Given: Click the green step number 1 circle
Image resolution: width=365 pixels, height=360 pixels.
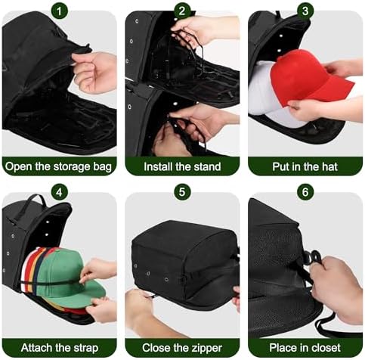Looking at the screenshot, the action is (x=59, y=11).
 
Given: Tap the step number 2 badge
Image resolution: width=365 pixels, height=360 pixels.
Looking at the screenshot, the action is (x=182, y=11).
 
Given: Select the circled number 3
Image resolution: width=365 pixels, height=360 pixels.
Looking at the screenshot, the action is (x=305, y=11).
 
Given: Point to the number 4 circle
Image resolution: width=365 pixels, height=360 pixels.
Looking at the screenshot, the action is (x=59, y=192).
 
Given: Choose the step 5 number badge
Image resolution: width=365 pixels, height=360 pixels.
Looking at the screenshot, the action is (x=182, y=192).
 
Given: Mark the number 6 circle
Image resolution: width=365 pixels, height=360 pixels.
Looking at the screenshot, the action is (x=305, y=192).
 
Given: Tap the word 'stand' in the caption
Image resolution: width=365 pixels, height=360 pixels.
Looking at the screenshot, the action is (x=207, y=166).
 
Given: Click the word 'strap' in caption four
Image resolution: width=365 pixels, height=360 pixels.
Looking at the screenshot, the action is (x=85, y=349).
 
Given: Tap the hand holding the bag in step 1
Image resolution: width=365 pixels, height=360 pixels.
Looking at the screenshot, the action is (x=94, y=72).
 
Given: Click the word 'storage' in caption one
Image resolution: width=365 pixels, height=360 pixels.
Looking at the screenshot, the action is (x=70, y=167).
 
